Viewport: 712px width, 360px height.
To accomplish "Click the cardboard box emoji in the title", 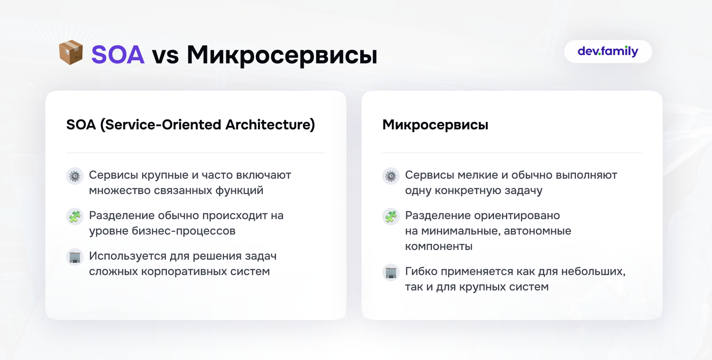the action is tap(71, 52).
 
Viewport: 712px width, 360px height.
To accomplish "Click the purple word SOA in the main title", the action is tap(118, 55).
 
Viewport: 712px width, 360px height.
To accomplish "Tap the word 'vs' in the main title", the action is tap(165, 57).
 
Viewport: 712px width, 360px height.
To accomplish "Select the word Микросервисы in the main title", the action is tap(282, 55).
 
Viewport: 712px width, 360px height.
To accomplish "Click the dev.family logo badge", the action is tap(608, 51).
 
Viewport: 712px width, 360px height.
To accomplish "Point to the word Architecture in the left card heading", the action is tap(270, 125).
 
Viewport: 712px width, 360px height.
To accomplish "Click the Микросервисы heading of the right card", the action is tap(435, 125).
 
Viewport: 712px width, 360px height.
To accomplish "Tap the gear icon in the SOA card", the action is tap(75, 176).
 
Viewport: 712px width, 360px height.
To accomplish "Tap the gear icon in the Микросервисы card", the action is tap(391, 176).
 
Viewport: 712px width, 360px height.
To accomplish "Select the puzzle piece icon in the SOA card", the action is tap(75, 217).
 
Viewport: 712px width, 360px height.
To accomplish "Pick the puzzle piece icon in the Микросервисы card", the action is tap(391, 217).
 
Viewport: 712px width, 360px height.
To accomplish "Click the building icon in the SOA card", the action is tap(75, 257).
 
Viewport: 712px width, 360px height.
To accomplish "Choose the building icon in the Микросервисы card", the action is tap(391, 272).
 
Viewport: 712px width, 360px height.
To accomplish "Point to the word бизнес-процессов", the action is tap(184, 231).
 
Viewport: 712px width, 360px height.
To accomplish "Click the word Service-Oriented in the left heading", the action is tap(163, 125).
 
